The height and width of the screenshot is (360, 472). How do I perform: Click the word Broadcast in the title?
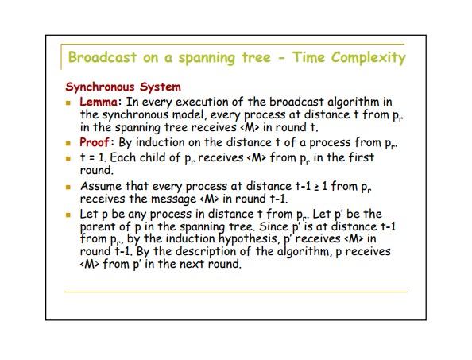[x=103, y=57]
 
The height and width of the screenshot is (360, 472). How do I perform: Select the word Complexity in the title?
[x=369, y=58]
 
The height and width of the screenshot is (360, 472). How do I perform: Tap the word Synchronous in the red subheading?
[x=100, y=87]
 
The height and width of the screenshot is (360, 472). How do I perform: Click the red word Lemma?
[x=99, y=102]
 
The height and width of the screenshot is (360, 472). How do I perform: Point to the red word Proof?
[x=95, y=142]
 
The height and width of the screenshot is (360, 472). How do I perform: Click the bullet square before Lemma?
[x=68, y=103]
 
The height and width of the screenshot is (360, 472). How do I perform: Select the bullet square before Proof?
[x=68, y=143]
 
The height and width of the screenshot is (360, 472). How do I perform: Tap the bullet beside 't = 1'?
[x=68, y=158]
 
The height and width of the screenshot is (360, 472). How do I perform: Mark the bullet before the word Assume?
[x=68, y=188]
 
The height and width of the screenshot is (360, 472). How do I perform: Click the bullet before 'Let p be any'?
[x=68, y=215]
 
